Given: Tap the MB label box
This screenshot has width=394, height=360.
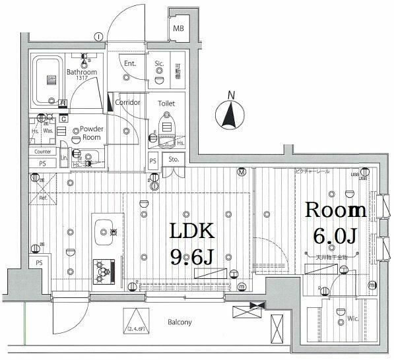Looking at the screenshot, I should (x=178, y=29).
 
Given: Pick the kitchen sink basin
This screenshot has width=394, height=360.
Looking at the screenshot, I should (x=104, y=231).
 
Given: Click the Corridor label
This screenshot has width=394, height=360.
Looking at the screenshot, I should (x=127, y=103).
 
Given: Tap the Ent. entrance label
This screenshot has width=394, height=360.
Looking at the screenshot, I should (x=129, y=63).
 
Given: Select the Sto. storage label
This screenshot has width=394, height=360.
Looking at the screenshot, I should (x=174, y=160).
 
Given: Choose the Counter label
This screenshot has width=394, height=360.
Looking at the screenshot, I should (x=42, y=152).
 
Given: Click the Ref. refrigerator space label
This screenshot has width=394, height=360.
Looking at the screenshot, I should (x=44, y=197).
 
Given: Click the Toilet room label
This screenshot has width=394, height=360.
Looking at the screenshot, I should (x=166, y=104).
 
